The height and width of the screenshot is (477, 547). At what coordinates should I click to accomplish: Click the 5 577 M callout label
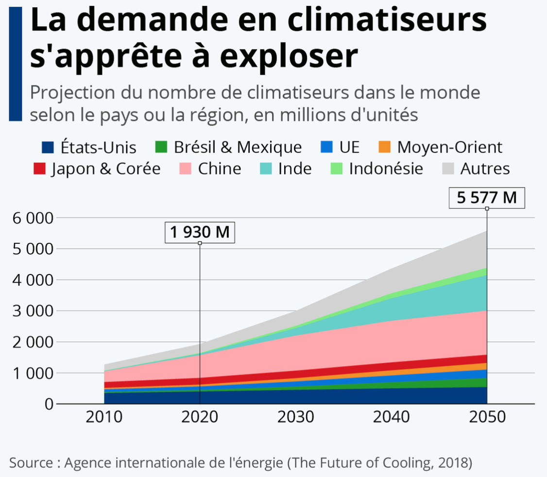487,198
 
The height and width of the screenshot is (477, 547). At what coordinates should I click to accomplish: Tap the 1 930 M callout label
200,232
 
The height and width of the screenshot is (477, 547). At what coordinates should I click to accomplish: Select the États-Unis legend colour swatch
47,147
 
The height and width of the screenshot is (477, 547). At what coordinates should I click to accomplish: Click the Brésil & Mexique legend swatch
161,147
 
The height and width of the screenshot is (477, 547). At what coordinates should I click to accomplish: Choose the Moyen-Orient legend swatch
384,147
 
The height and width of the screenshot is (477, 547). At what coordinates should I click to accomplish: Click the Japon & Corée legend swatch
39,169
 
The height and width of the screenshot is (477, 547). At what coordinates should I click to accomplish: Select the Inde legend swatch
265,169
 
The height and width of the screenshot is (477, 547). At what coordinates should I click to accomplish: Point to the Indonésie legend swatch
336,169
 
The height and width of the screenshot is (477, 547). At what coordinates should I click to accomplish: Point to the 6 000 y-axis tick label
31,218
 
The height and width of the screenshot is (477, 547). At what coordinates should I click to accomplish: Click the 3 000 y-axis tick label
31,311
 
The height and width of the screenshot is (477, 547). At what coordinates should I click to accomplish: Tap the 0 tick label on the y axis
48,404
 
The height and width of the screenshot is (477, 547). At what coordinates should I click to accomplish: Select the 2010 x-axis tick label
104,417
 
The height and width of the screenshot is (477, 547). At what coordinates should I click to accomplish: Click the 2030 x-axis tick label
295,417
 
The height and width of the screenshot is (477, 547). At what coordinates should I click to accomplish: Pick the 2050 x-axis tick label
487,417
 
